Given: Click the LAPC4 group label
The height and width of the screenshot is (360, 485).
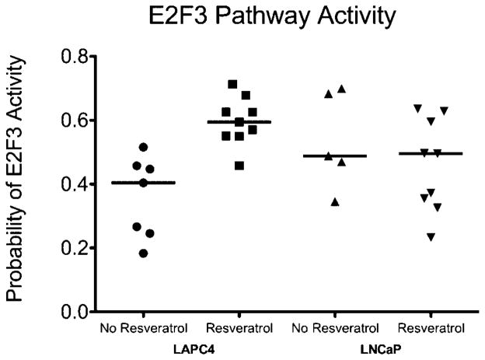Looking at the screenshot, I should (191, 347).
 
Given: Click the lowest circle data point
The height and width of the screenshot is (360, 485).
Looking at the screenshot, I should (144, 253).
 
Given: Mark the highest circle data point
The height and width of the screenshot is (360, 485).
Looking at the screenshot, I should (143, 147).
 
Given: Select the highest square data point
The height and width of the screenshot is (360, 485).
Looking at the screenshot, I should (232, 84).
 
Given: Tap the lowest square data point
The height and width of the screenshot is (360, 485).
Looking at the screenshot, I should (239, 166).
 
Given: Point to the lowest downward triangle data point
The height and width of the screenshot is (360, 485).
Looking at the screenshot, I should (430, 236).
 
